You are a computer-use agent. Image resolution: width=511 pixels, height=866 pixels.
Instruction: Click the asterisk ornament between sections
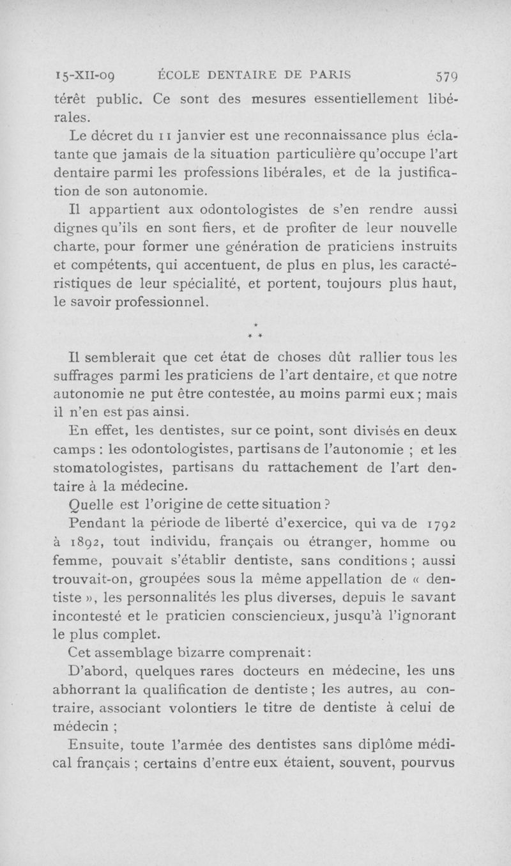coord(255,332)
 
